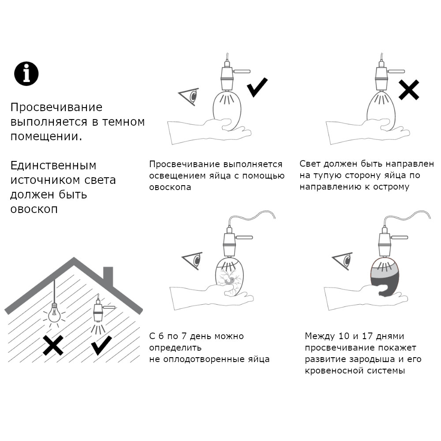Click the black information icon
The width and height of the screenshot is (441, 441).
tap(26, 74)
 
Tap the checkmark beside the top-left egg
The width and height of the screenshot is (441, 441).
tap(257, 87)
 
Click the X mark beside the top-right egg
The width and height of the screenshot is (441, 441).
tap(409, 90)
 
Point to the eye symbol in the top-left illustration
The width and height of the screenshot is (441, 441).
tap(189, 97)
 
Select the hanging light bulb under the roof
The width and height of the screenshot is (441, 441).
tap(54, 313)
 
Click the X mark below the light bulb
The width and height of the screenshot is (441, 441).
tap(53, 345)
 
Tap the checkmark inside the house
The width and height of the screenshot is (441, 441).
tap(101, 345)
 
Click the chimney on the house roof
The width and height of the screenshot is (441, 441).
tap(108, 276)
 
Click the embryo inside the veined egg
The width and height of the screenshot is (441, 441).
tap(232, 280)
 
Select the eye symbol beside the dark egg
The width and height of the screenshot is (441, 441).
tap(343, 261)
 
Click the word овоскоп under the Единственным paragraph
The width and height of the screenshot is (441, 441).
tap(34, 209)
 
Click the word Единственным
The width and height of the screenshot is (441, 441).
tap(53, 166)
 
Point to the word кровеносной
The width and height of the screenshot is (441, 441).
tap(334, 371)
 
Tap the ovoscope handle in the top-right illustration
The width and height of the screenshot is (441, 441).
tap(396, 71)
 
